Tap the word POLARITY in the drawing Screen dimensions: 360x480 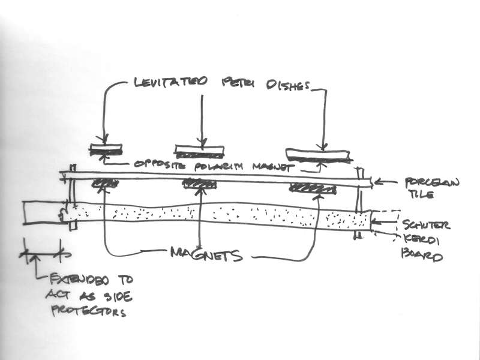[x=206, y=165]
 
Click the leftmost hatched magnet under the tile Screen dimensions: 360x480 [x=104, y=183]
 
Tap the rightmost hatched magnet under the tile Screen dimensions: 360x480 [x=312, y=187]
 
